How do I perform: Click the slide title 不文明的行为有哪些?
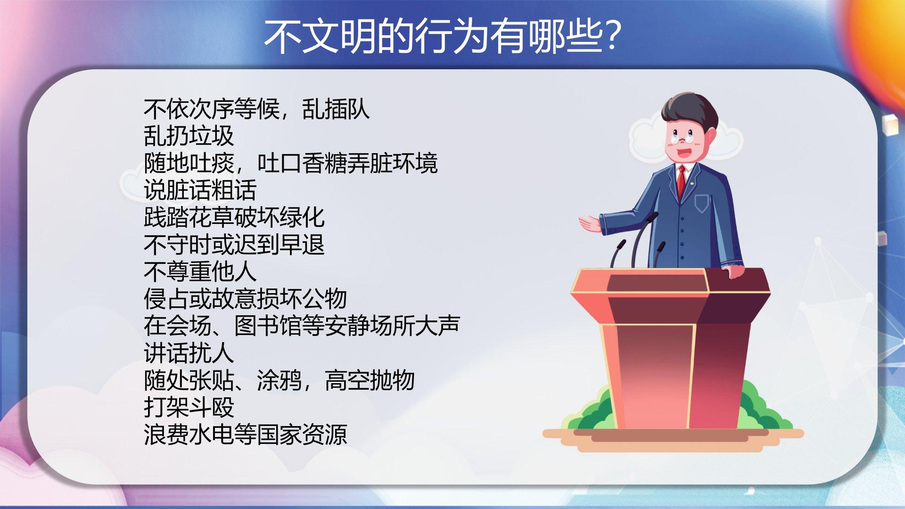coord(442,37)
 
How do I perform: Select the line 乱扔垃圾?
coord(189,136)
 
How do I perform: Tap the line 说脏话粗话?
coord(200,190)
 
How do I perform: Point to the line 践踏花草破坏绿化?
coord(234,217)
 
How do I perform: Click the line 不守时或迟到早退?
coord(234,245)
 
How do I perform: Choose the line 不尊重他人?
coord(200,271)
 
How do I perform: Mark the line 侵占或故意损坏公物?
coord(246,299)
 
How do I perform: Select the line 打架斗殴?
coord(189,407)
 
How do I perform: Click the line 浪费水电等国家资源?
coord(246,434)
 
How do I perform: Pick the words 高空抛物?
coord(370,380)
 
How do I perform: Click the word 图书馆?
coord(268,326)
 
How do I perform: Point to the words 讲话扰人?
coord(189,353)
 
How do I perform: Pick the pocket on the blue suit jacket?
coord(702,204)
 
